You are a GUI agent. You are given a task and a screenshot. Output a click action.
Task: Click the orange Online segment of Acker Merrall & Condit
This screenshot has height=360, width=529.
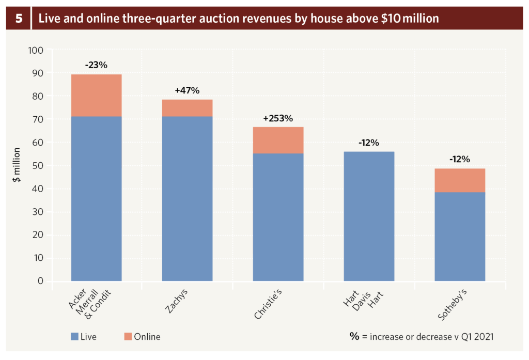(x=96, y=96)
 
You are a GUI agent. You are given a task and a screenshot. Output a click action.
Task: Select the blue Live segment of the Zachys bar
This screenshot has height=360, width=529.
(x=187, y=199)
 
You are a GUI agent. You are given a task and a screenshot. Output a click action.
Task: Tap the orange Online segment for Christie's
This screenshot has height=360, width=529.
(x=278, y=140)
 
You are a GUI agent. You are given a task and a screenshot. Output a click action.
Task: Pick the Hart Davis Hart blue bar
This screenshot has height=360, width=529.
(x=369, y=216)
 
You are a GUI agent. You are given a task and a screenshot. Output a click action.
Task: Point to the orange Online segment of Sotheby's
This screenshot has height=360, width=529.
(x=460, y=180)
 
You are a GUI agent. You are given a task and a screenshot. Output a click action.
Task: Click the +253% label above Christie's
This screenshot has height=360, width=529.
(x=278, y=118)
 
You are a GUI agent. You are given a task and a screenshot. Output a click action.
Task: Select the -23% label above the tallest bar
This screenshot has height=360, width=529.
(x=96, y=66)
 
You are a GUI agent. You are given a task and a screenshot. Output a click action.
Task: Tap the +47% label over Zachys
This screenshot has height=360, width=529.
(x=187, y=90)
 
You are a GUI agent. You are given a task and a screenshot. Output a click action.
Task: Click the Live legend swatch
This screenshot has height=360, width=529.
(x=75, y=337)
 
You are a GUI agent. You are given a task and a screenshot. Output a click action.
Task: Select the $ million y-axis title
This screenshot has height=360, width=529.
(x=18, y=166)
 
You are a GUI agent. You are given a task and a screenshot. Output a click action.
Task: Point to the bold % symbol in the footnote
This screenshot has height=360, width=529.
(x=354, y=336)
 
